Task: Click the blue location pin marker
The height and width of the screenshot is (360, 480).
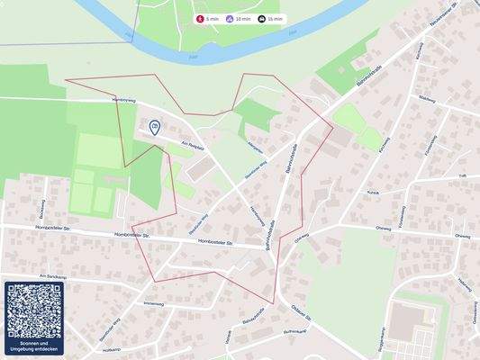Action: pyautogui.click(x=155, y=128)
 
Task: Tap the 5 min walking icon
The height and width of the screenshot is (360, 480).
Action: pyautogui.click(x=200, y=18)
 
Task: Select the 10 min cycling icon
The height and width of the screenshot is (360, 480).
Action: pyautogui.click(x=231, y=18)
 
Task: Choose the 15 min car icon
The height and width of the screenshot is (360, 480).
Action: pyautogui.click(x=261, y=18)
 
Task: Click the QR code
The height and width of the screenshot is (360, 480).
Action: pyautogui.click(x=34, y=311)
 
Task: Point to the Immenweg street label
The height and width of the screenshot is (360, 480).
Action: pyautogui.click(x=154, y=303)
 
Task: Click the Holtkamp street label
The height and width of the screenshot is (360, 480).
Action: pyautogui.click(x=112, y=349)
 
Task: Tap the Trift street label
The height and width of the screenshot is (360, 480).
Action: pyautogui.click(x=462, y=176)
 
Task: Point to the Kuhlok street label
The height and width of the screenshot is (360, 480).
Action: pyautogui.click(x=373, y=193)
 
